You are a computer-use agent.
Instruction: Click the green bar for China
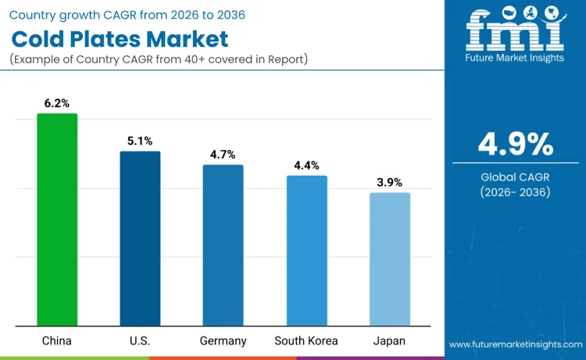[57, 219]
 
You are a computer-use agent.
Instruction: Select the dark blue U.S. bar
[140, 238]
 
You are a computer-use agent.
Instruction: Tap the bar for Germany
[223, 245]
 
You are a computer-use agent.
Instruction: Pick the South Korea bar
[306, 251]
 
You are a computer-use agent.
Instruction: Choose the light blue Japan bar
[389, 259]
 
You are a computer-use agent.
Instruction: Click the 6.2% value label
[57, 102]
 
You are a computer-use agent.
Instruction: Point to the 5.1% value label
[140, 141]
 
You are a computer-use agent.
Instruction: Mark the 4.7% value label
[223, 154]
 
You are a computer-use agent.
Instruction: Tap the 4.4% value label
[306, 165]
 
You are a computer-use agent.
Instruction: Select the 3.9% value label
[389, 182]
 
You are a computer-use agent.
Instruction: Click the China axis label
[57, 340]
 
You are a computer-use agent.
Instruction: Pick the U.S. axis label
[140, 340]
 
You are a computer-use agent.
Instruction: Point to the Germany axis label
[223, 340]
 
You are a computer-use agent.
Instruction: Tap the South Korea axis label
[306, 340]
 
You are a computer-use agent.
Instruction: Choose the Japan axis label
[389, 340]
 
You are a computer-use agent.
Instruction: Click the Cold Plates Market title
[120, 38]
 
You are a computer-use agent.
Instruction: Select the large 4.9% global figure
[515, 144]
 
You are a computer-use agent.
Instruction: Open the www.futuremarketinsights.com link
[515, 344]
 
